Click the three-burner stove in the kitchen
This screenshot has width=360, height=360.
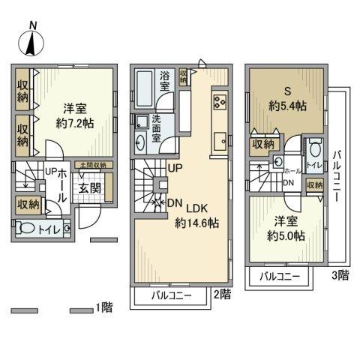[x=220, y=102]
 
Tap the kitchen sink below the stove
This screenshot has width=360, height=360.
[x=220, y=139]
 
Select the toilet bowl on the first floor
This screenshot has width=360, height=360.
[x=30, y=229]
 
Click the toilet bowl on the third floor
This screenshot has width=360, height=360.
[x=313, y=148]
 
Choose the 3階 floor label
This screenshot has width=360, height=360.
[x=340, y=275]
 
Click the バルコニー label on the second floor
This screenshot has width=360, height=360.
[x=170, y=296]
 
